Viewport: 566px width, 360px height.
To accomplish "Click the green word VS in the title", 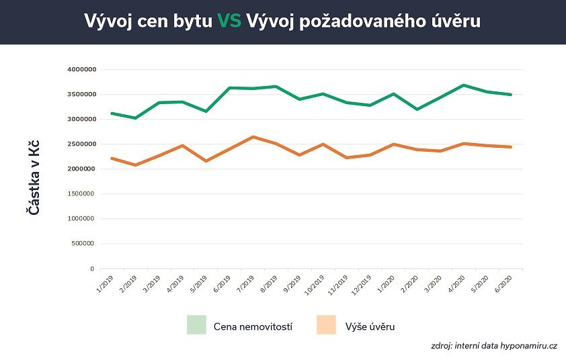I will [229, 21].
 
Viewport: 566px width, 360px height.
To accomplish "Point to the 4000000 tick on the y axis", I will [82, 69].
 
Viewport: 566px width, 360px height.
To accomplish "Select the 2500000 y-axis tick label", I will [82, 144].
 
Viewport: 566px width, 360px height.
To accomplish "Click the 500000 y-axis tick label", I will [84, 244].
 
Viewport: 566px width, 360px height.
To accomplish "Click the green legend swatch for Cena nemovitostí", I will [197, 325].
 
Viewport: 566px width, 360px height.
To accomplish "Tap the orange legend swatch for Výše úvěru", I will [326, 325].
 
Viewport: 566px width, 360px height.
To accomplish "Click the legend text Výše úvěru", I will [370, 326].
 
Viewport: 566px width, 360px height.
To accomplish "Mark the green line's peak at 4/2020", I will [463, 85].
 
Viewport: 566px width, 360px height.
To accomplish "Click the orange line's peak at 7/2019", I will [252, 137].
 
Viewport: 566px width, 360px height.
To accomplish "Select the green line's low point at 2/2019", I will [136, 118].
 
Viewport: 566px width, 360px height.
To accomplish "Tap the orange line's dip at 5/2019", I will [206, 161].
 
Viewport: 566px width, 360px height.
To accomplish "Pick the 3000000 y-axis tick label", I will [82, 119].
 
